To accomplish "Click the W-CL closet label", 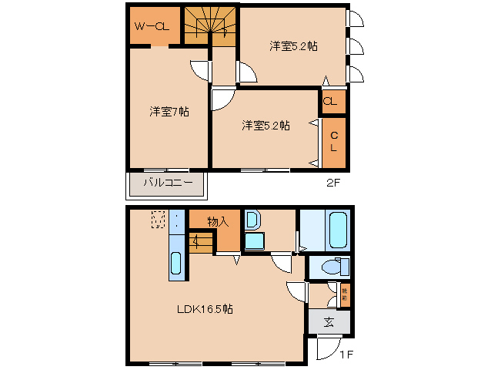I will [152, 27].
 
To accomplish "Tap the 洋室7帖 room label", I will [169, 112].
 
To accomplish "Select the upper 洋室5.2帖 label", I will [293, 46].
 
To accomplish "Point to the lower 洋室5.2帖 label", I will [266, 125].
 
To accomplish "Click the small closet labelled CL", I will [332, 101].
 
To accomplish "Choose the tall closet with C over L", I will [334, 143].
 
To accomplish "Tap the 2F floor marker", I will [332, 183].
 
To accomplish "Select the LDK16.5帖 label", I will [205, 309].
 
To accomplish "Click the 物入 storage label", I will [218, 222].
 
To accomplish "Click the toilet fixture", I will [332, 267].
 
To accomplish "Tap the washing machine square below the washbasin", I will [254, 241].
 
